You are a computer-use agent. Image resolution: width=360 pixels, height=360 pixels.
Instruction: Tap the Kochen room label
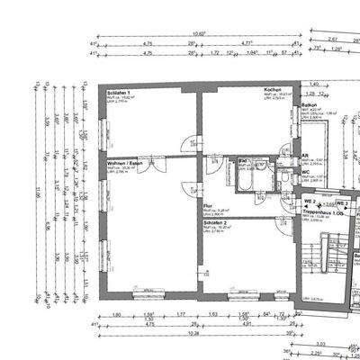tap(248, 90)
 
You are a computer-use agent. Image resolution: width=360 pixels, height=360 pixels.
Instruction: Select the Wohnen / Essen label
tap(122, 163)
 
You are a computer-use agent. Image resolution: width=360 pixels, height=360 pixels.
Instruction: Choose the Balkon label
tap(310, 105)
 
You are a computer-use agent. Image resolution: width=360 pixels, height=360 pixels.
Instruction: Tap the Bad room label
tap(241, 161)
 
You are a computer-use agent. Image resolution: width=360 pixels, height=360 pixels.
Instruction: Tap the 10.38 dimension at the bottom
tap(194, 332)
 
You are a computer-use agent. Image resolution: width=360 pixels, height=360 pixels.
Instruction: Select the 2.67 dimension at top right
tap(332, 40)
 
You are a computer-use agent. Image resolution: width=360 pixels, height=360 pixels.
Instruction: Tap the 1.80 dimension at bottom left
tap(117, 314)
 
